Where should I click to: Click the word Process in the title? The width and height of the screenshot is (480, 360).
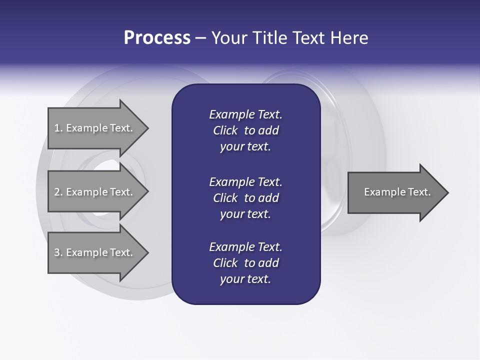point(157,38)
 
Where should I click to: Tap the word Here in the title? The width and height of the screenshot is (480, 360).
point(349,38)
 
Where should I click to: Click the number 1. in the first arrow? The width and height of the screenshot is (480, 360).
point(58,128)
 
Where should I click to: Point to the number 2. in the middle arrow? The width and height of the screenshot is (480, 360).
point(58,192)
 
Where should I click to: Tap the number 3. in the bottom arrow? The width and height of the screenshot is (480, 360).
point(58,252)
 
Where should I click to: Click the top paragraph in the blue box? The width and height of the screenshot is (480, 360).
point(245,130)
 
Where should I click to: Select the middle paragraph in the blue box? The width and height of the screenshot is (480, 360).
point(245,198)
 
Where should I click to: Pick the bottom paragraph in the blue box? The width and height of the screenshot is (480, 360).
point(245,263)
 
